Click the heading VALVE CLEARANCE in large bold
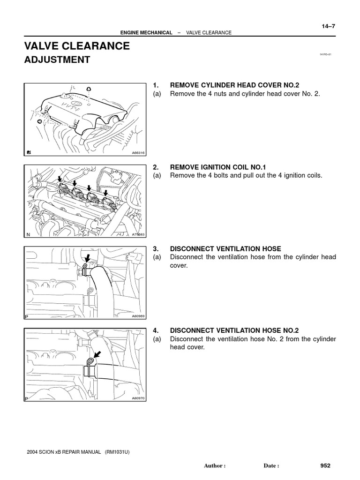pos(77,46)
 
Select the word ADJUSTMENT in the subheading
pos(57,60)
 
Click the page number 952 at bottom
pos(325,465)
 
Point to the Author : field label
pos(215,466)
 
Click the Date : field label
pos(271,466)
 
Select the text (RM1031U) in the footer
pos(117,452)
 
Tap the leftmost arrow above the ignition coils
pos(59,179)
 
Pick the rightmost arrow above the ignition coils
pos(106,193)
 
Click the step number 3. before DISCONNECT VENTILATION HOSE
pos(156,248)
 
